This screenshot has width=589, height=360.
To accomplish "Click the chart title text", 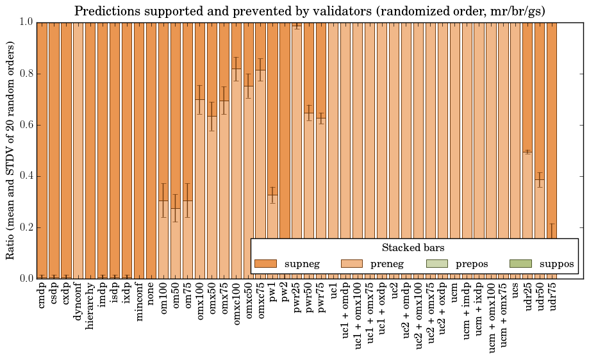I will [310, 11].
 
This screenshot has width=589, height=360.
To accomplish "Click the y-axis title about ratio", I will [10, 151].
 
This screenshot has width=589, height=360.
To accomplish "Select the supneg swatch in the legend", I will [265, 264].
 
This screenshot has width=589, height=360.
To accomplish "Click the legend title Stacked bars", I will [413, 248].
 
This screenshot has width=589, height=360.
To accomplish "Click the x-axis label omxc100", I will [236, 307].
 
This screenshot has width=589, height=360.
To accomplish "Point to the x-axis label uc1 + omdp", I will [345, 315].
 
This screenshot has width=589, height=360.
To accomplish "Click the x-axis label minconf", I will [139, 304].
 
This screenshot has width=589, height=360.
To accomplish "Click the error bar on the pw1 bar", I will [273, 195].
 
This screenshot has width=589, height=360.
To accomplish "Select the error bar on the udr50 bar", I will [540, 179].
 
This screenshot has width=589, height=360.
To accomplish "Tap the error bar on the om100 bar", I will [163, 200].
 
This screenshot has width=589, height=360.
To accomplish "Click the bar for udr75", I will [552, 128].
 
